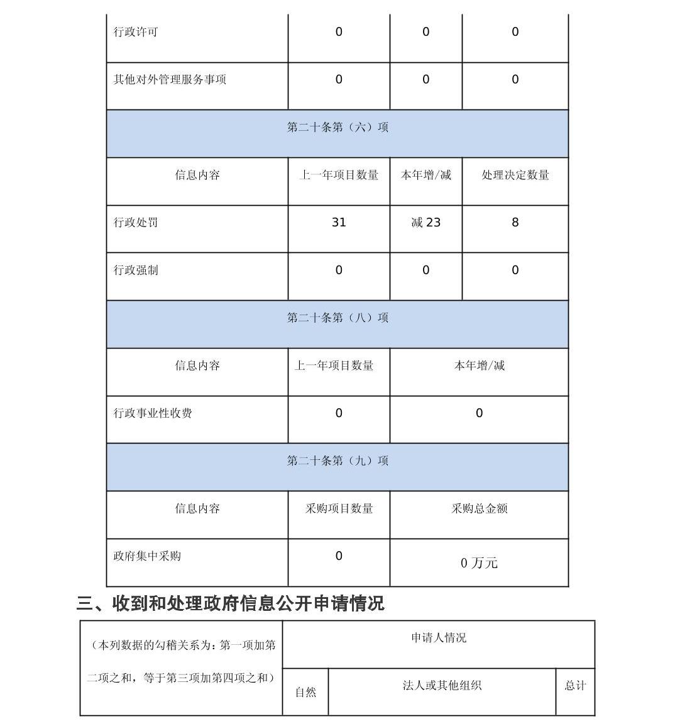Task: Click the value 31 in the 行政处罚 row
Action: pyautogui.click(x=339, y=223)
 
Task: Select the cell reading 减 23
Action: pyautogui.click(x=425, y=223)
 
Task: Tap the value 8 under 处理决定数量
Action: pyautogui.click(x=515, y=223)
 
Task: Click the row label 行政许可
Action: pyautogui.click(x=136, y=32)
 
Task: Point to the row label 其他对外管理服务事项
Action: pyautogui.click(x=170, y=80)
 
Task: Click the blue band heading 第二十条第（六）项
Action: pyautogui.click(x=337, y=127)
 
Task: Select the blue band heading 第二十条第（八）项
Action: pyautogui.click(x=337, y=318)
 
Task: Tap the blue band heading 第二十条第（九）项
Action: pyautogui.click(x=337, y=461)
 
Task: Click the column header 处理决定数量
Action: pyautogui.click(x=515, y=175)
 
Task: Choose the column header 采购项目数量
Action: pyautogui.click(x=339, y=508)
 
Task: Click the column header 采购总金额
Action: pyautogui.click(x=479, y=508)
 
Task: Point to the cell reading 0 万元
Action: pyautogui.click(x=479, y=563)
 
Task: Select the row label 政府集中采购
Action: pyautogui.click(x=147, y=556)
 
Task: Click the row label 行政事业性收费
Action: pyautogui.click(x=153, y=413)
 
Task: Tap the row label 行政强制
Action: pyautogui.click(x=136, y=271)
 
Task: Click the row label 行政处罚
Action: pyautogui.click(x=136, y=223)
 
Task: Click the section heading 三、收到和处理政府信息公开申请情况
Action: pyautogui.click(x=230, y=604)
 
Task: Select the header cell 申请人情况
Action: pyautogui.click(x=439, y=638)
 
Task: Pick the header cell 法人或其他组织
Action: pyautogui.click(x=442, y=686)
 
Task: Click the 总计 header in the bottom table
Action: pyautogui.click(x=575, y=686)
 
